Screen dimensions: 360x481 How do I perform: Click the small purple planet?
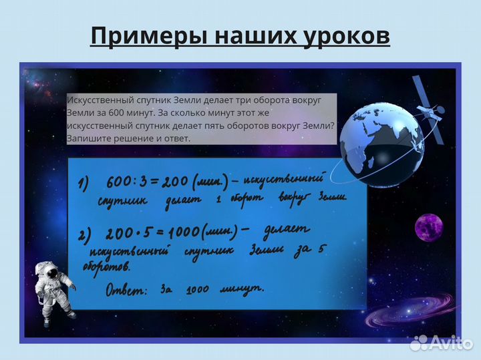point(429,228)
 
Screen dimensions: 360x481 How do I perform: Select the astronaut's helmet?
point(47,270)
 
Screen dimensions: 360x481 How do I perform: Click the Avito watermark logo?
point(442,343)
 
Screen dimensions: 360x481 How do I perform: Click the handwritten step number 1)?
point(83,185)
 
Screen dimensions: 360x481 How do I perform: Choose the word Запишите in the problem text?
point(86,138)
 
